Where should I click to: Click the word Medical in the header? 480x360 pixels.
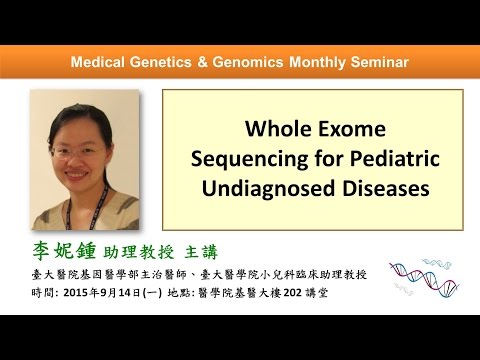pyautogui.click(x=98, y=63)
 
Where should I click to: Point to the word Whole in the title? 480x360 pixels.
pyautogui.click(x=276, y=130)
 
